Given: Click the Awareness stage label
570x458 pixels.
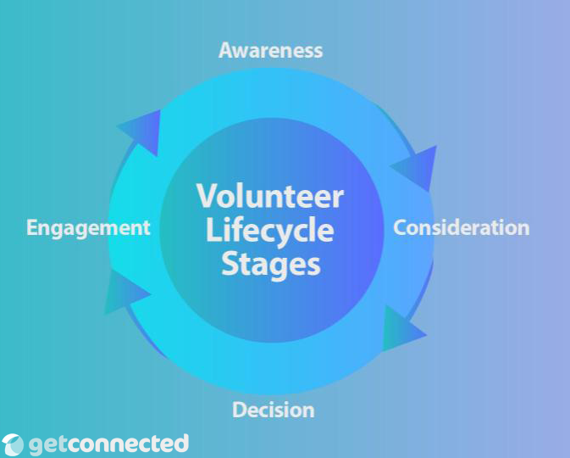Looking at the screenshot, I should (x=270, y=50).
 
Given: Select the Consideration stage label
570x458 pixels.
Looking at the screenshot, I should (x=462, y=227).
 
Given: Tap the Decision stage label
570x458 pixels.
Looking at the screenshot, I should (x=274, y=411).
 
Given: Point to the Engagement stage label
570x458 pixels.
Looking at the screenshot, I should (x=88, y=227).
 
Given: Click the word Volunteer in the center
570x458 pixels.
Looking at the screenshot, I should (x=270, y=196).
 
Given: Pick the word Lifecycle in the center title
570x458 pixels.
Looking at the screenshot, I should (x=270, y=230).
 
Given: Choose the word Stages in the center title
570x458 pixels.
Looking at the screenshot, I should (x=271, y=263).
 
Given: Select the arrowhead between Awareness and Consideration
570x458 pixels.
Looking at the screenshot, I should (x=415, y=167).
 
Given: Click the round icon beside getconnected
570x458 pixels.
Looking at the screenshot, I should (x=14, y=444).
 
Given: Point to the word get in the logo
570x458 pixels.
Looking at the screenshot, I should (x=47, y=444).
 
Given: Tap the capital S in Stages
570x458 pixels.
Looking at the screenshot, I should (x=230, y=263).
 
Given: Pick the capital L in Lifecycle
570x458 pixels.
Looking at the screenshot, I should (x=213, y=230).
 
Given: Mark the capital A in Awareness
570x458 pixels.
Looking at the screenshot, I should (x=226, y=50).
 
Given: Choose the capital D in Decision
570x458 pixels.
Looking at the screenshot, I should (x=240, y=411).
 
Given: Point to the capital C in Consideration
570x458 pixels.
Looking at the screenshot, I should (x=401, y=227).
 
